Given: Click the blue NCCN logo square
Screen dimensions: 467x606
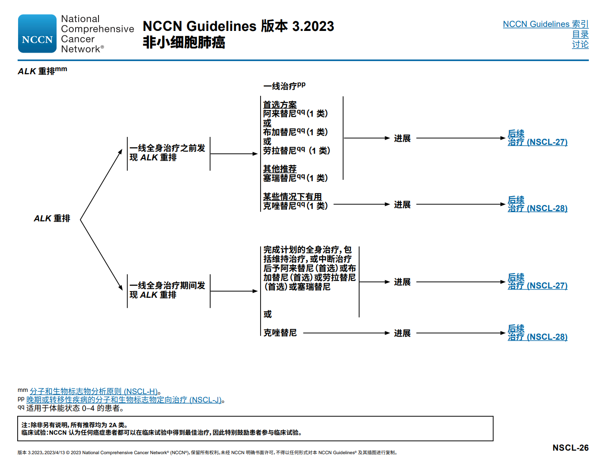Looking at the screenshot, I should point(37,34).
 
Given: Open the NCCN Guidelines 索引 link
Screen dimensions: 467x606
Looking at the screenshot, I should point(545,24).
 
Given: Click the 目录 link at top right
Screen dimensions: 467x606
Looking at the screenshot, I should point(580,34).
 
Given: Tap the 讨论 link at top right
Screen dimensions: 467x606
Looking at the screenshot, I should point(580,44).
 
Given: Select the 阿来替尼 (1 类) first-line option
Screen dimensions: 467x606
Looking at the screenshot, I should point(295,114).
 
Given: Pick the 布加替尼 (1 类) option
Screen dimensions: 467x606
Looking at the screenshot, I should point(295,132).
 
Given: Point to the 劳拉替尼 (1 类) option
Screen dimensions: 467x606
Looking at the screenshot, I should point(296,151).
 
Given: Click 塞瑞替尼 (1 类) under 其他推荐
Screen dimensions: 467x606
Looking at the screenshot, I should point(295,178).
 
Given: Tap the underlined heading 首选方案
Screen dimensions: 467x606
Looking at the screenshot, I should point(280,105).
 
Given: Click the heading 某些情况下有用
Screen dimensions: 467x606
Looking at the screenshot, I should point(292,197).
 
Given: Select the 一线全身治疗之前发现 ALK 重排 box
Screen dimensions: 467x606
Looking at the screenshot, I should point(168,153).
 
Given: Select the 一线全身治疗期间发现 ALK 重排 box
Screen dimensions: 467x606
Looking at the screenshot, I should point(168,290).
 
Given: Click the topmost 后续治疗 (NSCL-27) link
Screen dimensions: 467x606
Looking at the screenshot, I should point(537,138).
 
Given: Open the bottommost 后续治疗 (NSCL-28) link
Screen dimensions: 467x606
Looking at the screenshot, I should point(537,333).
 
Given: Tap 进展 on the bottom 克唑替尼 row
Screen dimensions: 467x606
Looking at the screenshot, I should point(402,333).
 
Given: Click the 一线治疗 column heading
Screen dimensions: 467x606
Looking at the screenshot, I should point(284,86).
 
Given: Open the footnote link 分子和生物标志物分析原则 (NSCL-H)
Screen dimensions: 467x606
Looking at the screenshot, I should point(94,391).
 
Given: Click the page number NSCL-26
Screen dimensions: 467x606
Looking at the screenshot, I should point(570,448).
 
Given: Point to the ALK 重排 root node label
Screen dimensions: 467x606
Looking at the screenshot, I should point(52,219).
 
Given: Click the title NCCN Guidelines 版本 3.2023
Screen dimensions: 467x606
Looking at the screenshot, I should point(238,27).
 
